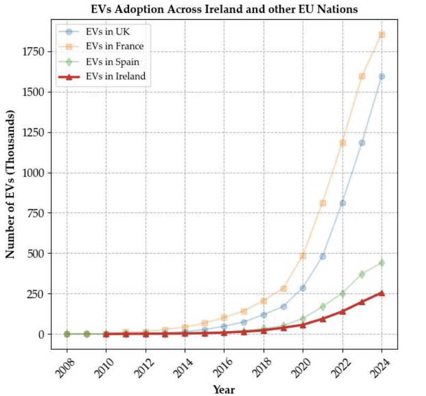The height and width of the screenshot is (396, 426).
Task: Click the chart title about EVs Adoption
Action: pyautogui.click(x=224, y=10)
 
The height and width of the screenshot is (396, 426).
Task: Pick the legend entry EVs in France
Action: pyautogui.click(x=115, y=46)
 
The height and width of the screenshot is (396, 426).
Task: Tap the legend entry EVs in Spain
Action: pyautogui.click(x=113, y=61)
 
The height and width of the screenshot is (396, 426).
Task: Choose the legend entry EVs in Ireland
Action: pyautogui.click(x=116, y=76)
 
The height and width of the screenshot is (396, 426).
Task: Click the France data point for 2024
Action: pyautogui.click(x=382, y=35)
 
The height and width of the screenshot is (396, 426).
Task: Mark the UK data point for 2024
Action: pyautogui.click(x=382, y=76)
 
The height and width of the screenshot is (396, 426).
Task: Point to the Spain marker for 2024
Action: pyautogui.click(x=382, y=263)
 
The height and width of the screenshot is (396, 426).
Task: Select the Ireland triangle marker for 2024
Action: pyautogui.click(x=382, y=293)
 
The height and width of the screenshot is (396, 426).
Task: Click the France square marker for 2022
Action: pyautogui.click(x=342, y=143)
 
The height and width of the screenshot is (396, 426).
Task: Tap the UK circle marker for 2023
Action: pyautogui.click(x=362, y=143)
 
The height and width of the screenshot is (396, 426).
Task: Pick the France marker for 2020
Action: pyautogui.click(x=303, y=256)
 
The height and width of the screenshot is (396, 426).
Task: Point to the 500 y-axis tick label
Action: pyautogui.click(x=37, y=253)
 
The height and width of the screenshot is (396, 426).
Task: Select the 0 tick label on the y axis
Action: pyautogui.click(x=43, y=334)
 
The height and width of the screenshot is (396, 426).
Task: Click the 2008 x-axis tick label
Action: pyautogui.click(x=66, y=366)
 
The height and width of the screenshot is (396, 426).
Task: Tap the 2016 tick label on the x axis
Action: pyautogui.click(x=224, y=366)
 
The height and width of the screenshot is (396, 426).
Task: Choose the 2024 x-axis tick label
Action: pyautogui.click(x=381, y=366)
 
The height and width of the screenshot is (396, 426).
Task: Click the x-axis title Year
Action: pyautogui.click(x=224, y=390)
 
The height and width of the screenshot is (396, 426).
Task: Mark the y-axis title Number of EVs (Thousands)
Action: pyautogui.click(x=11, y=184)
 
